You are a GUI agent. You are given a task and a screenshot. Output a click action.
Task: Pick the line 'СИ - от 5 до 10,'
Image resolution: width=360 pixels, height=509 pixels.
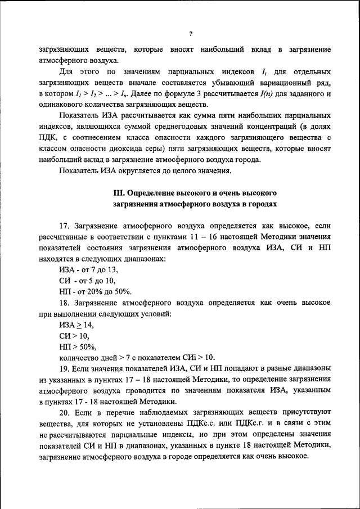[87, 280]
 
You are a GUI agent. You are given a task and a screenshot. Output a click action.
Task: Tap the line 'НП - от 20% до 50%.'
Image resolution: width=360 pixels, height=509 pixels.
[95, 291]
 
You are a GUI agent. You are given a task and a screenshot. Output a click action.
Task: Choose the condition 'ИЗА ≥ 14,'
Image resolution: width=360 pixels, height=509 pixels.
[76, 325]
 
